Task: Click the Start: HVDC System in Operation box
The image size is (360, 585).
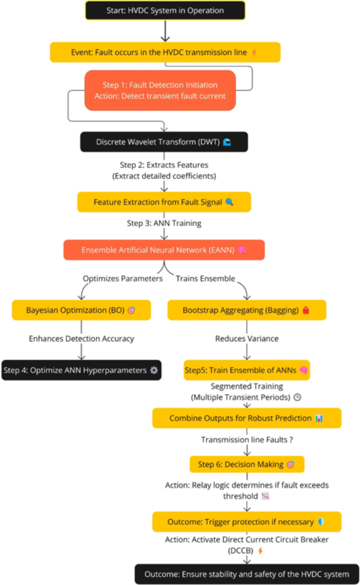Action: coord(165,11)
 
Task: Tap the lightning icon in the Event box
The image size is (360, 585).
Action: coord(255,53)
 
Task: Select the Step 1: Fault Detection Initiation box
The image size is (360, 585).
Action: coord(160,90)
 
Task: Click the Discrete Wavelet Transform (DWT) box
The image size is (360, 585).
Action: coord(163,142)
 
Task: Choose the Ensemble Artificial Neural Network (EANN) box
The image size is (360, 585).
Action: coord(163,250)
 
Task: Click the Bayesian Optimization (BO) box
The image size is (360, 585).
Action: coord(81,310)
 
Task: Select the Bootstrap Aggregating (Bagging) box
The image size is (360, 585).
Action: coord(246,310)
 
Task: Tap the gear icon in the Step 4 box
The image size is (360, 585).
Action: coord(153,370)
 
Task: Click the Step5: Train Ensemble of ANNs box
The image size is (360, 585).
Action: coord(246,370)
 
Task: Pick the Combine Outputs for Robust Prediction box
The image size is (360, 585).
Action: coord(246,418)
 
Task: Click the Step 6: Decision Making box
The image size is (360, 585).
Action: coord(246,465)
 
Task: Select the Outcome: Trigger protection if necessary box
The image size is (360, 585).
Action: coord(246,522)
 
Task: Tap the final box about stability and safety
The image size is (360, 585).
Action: coord(246,573)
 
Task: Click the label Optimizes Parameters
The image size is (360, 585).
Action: coord(122,279)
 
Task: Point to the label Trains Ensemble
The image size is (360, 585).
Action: coord(205,279)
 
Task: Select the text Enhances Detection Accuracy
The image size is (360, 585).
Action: coord(81,339)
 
